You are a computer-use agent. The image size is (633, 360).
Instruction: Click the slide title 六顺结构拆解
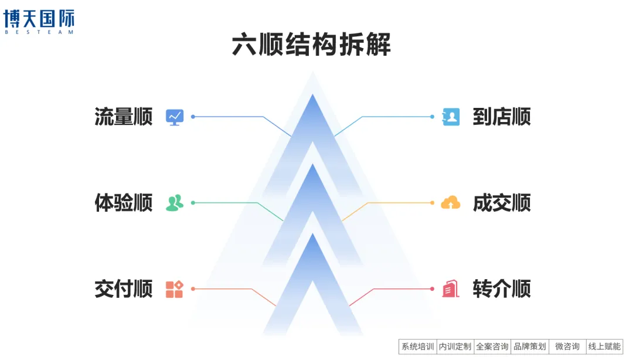click(311, 45)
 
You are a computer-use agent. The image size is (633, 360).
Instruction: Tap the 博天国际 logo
click(39, 21)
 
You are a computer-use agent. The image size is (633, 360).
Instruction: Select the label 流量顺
click(123, 117)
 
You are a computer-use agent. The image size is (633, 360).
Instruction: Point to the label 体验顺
click(123, 203)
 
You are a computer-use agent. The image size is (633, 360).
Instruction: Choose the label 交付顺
click(123, 289)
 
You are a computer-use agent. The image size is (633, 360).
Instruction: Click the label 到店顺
click(502, 117)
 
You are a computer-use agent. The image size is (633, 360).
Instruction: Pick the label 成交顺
click(502, 203)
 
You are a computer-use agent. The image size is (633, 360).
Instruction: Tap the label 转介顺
click(502, 289)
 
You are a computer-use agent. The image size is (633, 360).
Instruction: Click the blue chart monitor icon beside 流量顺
click(175, 117)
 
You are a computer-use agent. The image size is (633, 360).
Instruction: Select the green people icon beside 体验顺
click(175, 203)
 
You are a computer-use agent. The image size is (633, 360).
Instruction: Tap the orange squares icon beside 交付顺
click(175, 289)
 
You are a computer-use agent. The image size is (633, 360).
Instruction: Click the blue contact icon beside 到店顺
click(451, 117)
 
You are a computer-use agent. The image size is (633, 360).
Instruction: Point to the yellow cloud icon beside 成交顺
click(451, 203)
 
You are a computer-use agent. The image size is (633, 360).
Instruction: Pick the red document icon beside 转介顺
click(451, 289)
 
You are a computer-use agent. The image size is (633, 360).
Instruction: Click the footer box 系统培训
click(418, 347)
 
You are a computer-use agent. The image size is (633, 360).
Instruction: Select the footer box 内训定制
click(455, 347)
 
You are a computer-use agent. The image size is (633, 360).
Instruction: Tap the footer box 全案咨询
click(492, 347)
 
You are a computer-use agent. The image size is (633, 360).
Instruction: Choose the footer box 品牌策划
click(529, 347)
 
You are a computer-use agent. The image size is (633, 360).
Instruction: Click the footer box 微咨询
click(567, 347)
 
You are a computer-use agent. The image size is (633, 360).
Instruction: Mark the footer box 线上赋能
click(604, 347)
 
